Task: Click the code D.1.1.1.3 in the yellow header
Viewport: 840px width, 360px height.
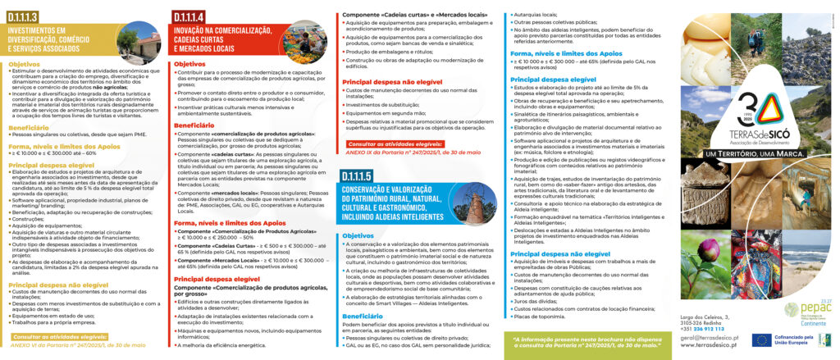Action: [32, 17]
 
